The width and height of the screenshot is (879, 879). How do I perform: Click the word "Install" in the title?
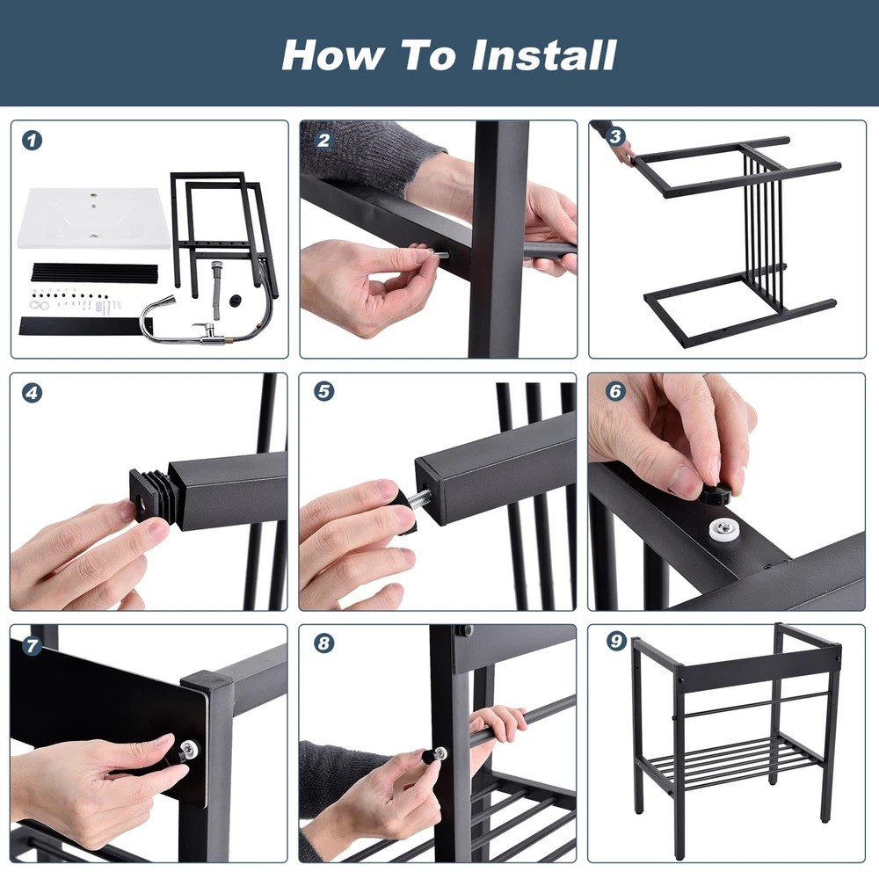pos(543,54)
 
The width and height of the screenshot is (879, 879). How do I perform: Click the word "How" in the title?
pos(332,54)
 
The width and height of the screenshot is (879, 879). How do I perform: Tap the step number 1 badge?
pos(32,140)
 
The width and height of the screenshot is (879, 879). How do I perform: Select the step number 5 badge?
pos(324,391)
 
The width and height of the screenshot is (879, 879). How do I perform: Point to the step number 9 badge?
pos(615,641)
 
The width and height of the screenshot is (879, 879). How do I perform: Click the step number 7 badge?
pos(32,646)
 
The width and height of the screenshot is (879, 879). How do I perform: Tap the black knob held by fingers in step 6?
pos(715,494)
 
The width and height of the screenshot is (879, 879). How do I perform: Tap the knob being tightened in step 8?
pos(432,756)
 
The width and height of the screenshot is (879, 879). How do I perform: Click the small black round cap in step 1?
pos(236,300)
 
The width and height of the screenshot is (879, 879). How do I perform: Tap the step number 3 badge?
pos(615,136)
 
